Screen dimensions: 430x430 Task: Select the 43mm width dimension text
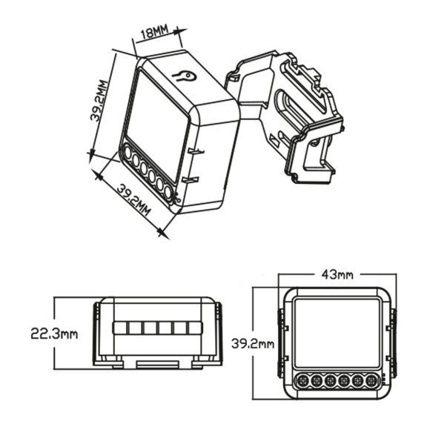(x=337, y=274)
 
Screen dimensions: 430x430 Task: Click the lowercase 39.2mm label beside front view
(x=253, y=344)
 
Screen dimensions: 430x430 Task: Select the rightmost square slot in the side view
(x=194, y=328)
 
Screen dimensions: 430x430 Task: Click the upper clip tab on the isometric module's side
(x=195, y=150)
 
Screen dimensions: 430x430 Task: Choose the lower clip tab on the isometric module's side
(x=192, y=179)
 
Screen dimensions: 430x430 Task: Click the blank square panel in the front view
(x=337, y=333)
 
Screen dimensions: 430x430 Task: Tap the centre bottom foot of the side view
(x=156, y=363)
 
